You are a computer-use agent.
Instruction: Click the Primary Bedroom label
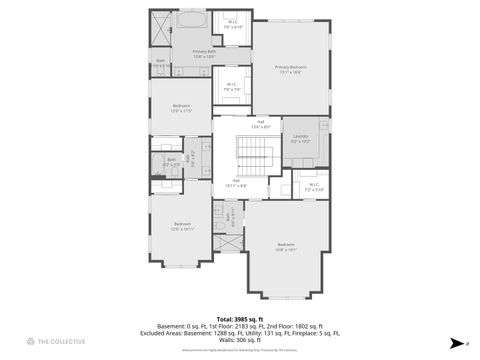[x=290, y=68]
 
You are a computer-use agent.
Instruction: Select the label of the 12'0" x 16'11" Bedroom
[x=182, y=225]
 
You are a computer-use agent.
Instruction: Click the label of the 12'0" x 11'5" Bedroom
[x=181, y=107]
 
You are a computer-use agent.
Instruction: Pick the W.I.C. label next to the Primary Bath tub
[x=232, y=23]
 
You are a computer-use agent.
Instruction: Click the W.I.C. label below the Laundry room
[x=313, y=185]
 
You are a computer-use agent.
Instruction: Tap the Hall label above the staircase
[x=260, y=123]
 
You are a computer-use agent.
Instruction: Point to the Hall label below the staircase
[x=236, y=182]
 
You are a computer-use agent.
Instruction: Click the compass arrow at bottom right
[x=456, y=343]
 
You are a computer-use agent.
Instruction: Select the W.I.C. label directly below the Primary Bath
[x=231, y=86]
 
